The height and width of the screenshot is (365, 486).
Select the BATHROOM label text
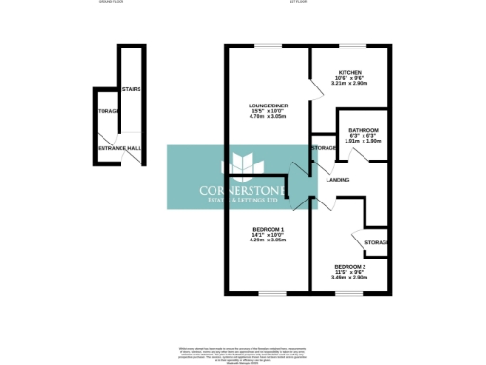(363, 130)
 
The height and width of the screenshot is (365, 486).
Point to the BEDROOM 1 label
(268, 230)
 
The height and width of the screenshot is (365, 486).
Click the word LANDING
(338, 179)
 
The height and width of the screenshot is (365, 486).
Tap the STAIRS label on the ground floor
(133, 89)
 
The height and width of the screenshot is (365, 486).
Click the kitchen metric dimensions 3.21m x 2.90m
(350, 84)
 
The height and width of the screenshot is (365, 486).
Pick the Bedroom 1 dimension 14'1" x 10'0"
(268, 236)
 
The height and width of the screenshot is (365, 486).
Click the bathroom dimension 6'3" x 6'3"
(363, 137)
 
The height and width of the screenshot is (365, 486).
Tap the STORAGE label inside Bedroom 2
(376, 244)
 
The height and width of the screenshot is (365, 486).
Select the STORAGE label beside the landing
(324, 148)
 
